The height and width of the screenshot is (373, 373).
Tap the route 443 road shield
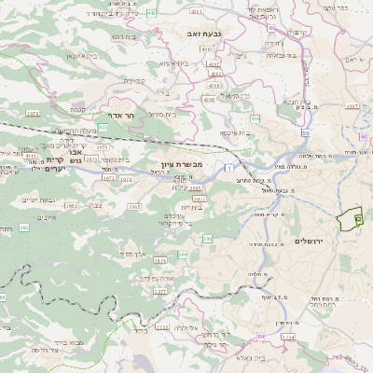pyautogui.click(x=152, y=15)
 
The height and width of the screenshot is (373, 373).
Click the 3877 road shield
pyautogui.click(x=159, y=291)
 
